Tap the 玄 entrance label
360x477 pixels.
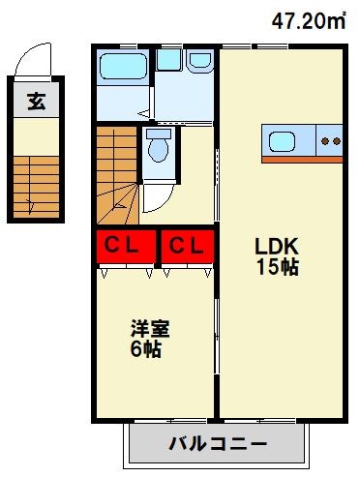point(36,102)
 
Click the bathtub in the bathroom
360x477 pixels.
point(123,69)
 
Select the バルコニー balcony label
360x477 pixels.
point(217,446)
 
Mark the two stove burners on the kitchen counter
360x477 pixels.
point(331,140)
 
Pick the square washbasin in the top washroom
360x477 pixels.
point(201,60)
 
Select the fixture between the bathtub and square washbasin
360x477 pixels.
point(169,60)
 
